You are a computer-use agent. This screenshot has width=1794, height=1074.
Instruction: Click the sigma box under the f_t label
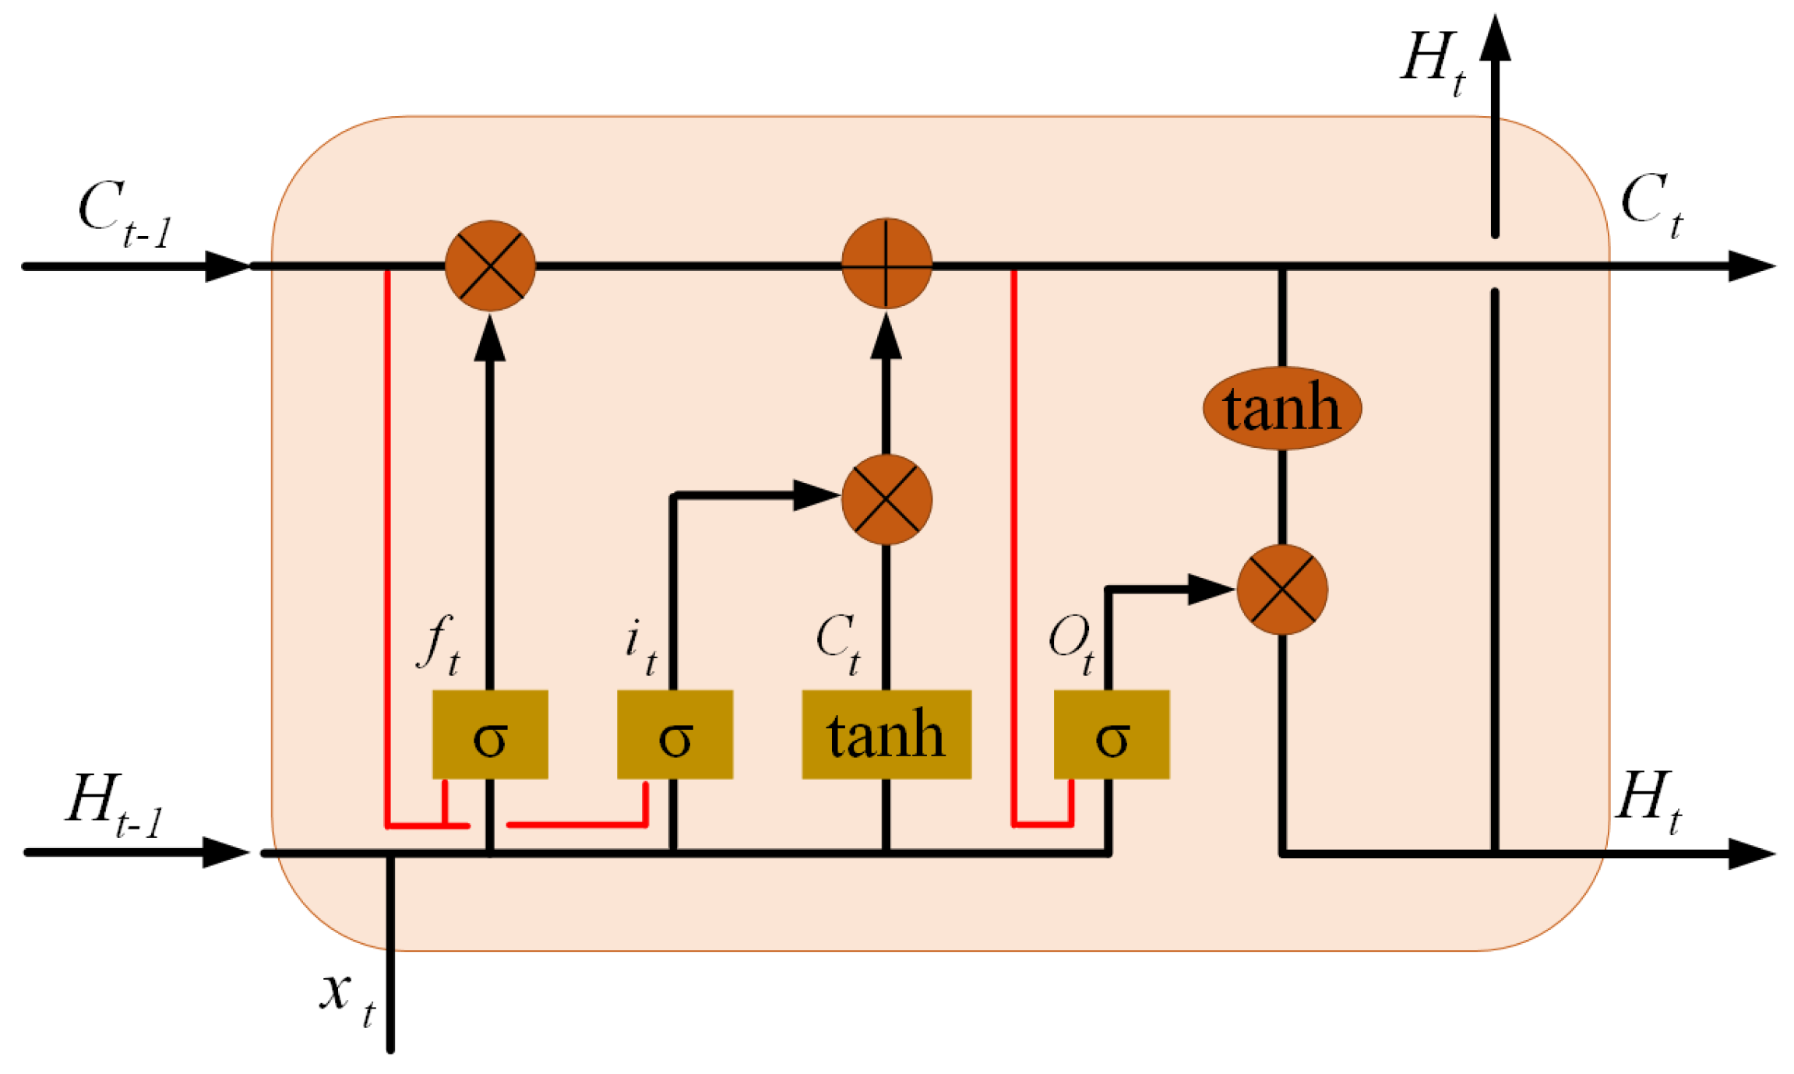coord(490,734)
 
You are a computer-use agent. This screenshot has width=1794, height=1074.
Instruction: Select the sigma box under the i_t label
coord(675,734)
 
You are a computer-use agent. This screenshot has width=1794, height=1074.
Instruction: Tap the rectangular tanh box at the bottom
coord(886,734)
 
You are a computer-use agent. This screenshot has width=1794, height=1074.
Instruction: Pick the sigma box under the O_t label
coord(1112,734)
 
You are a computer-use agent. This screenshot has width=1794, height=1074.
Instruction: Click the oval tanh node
coord(1282,408)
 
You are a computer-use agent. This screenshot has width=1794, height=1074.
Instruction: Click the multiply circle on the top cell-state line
coord(490,265)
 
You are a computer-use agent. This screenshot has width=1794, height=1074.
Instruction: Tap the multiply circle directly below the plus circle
coord(886,499)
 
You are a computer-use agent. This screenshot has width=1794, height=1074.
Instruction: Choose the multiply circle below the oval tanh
coord(1282,590)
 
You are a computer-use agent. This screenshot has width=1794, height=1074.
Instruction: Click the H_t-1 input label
coord(115,805)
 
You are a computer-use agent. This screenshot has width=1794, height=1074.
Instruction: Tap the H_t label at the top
coord(1432,62)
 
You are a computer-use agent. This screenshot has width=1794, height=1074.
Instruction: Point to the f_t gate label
coord(439,643)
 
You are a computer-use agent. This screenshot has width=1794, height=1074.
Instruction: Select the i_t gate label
coord(640,646)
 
